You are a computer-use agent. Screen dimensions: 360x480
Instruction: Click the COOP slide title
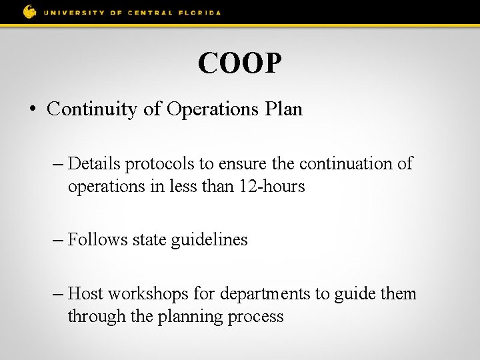click(x=240, y=64)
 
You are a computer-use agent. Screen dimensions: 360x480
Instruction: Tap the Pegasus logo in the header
click(x=30, y=11)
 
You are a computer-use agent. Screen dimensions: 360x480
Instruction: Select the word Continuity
click(x=93, y=109)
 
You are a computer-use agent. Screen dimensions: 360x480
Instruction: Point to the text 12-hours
click(x=274, y=187)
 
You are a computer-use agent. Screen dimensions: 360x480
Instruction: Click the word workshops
click(x=149, y=293)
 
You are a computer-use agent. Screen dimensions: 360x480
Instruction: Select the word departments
click(x=267, y=294)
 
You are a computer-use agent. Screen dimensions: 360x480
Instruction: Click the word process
click(x=257, y=317)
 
